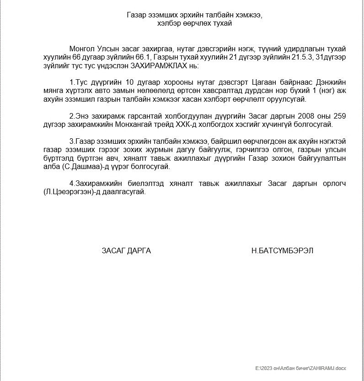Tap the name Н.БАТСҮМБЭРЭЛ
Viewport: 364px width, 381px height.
pyautogui.click(x=282, y=250)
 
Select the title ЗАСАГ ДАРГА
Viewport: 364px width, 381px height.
pyautogui.click(x=126, y=250)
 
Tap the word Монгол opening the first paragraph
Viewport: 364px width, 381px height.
pyautogui.click(x=82, y=49)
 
